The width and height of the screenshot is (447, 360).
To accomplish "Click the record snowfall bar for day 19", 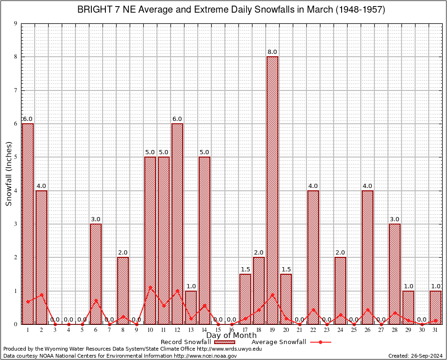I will (x=272, y=190).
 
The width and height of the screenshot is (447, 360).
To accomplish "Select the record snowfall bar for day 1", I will (x=28, y=224).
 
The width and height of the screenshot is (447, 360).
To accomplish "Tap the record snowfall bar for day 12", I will (x=177, y=224).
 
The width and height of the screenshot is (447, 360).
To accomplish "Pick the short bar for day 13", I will (x=191, y=307).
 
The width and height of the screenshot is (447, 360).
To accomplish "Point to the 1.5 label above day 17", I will (x=245, y=270).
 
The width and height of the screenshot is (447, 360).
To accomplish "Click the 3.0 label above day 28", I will (x=395, y=219).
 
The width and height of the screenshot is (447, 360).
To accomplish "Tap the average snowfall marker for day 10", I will (x=150, y=287).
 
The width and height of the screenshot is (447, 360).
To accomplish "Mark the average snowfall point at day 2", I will (x=41, y=294).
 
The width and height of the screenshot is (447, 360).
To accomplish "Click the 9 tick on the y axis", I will (x=15, y=23).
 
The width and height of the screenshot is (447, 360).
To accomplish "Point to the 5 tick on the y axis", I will (x=15, y=157).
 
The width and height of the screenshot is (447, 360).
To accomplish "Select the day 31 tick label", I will (x=435, y=330).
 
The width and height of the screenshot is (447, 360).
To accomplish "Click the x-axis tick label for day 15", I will (x=218, y=330).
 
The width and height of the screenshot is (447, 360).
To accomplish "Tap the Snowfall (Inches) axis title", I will (x=8, y=173).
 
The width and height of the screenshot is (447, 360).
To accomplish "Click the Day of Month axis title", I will (x=231, y=336).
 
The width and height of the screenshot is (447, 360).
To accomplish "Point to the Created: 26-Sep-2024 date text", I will (x=416, y=356).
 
